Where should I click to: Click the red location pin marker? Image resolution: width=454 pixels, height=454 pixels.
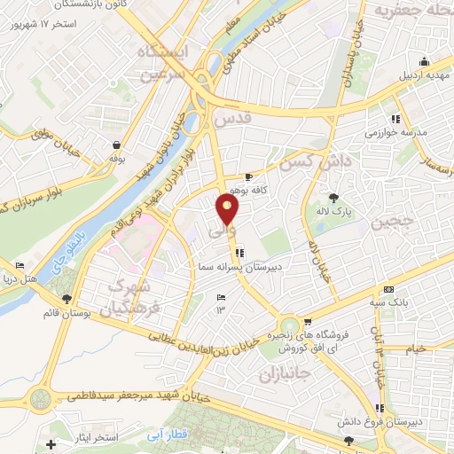[228, 209]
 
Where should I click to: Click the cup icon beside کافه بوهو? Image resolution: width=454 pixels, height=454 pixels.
[260, 176]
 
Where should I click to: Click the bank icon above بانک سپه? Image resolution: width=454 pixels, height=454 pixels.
[387, 290]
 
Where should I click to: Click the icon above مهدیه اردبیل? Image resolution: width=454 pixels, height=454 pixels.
[424, 61]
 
